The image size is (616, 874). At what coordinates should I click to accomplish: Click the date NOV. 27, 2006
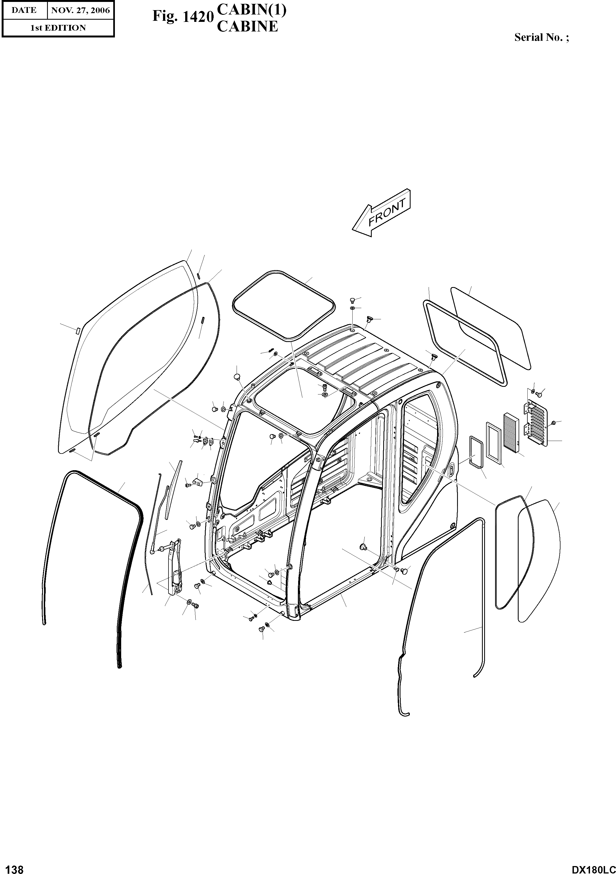pos(80,10)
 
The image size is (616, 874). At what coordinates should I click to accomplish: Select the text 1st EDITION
pos(58,28)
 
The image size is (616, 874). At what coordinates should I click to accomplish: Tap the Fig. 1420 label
pos(182,17)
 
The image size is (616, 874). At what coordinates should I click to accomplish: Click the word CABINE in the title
pos(247,27)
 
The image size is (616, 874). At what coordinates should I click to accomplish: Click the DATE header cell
pos(24,10)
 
